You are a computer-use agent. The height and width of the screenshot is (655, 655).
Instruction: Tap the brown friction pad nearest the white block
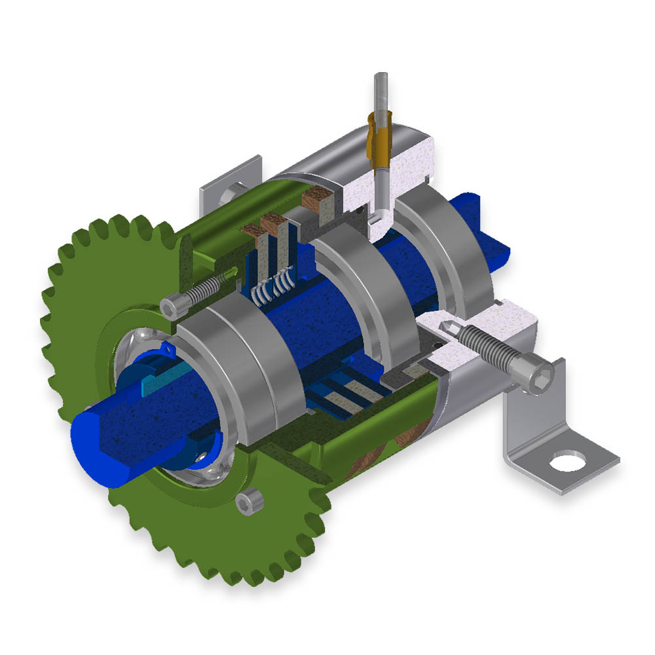(319, 200)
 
